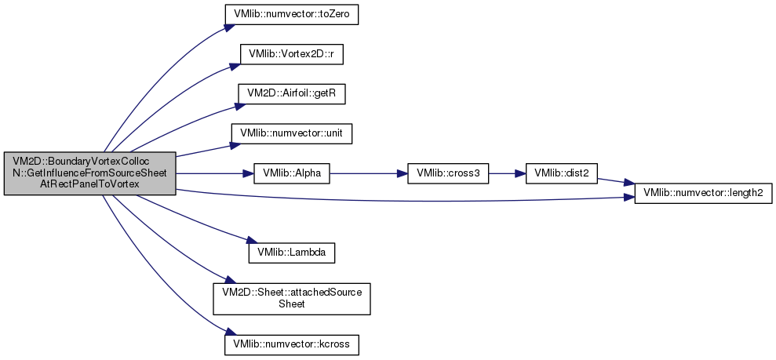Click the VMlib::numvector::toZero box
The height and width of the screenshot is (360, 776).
click(x=291, y=15)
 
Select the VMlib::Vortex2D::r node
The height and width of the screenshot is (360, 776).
click(x=291, y=54)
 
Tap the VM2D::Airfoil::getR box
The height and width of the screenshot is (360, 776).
click(x=291, y=94)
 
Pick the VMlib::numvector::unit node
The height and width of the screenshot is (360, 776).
click(x=291, y=133)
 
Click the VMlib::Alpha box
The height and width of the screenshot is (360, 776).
click(x=292, y=173)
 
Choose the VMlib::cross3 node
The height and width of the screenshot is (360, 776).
click(x=448, y=173)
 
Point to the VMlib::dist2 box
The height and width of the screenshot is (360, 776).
click(x=561, y=173)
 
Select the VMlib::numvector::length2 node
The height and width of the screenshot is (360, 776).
click(x=703, y=195)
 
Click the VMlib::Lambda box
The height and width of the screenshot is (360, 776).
click(x=291, y=253)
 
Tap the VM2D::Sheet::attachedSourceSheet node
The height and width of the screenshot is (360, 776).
click(x=292, y=299)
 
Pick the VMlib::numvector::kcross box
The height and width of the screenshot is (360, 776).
click(x=291, y=344)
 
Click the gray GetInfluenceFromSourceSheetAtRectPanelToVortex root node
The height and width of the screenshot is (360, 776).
click(x=90, y=173)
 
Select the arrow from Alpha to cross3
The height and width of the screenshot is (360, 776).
click(x=368, y=173)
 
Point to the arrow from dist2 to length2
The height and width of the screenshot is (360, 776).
click(x=616, y=184)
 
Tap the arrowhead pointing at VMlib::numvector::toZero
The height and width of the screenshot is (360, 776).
click(x=228, y=27)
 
